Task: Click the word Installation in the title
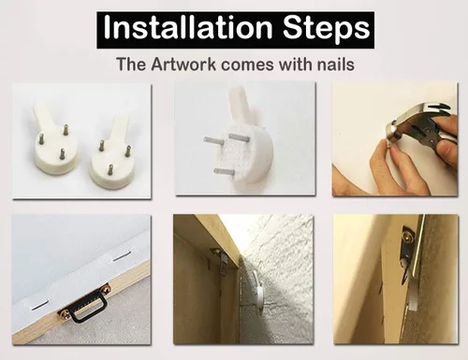point(188,28)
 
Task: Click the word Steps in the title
point(327,29)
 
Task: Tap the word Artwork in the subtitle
point(183,65)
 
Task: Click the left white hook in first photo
point(54,138)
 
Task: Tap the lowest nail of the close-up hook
point(224,171)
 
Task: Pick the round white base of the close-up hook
point(245,159)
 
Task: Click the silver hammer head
point(415,124)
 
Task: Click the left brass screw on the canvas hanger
point(65,312)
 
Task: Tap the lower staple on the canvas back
point(40,306)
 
